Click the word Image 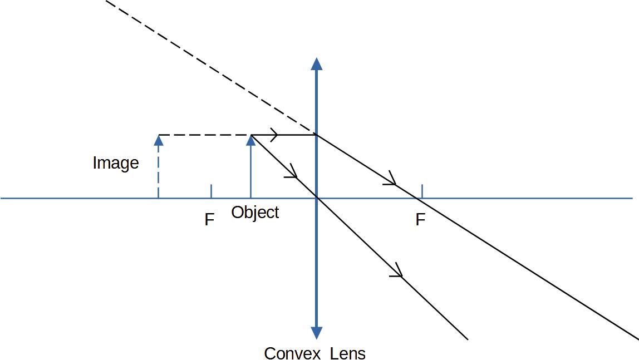tap(116, 163)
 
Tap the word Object tap(255, 213)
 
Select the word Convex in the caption tap(292, 353)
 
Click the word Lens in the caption tap(348, 353)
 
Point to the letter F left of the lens tap(209, 220)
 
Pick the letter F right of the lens tap(420, 220)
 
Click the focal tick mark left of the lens tap(211, 191)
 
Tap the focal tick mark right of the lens tap(422, 191)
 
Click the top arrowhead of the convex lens tap(317, 64)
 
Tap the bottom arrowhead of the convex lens tap(317, 333)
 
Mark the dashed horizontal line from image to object tap(205, 135)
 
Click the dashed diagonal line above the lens tap(211, 67)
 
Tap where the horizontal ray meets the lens tap(317, 135)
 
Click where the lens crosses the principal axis tap(317, 198)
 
